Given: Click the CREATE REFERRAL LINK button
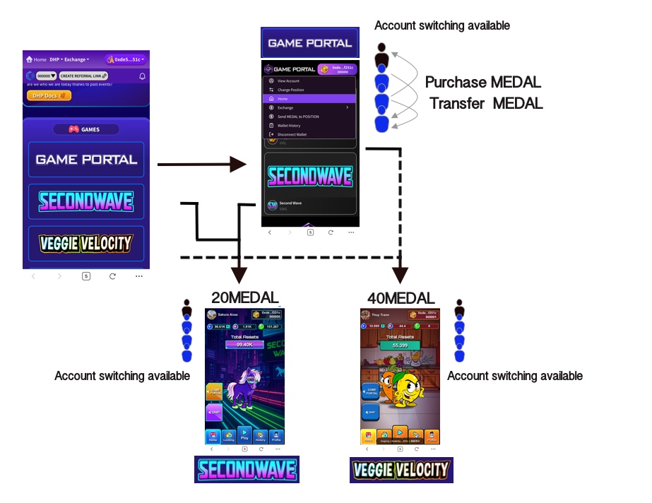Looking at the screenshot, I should click(83, 76).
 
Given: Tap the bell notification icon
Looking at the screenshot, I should click(142, 76).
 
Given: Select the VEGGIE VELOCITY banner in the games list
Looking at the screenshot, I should click(86, 244).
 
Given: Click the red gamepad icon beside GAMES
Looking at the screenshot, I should click(73, 129).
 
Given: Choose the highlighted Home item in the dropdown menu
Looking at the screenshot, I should click(309, 99).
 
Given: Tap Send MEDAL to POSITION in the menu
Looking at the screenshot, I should click(302, 117).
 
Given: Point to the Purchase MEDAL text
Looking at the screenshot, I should click(483, 83).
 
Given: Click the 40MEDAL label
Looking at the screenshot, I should click(401, 298).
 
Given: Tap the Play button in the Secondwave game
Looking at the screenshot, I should click(244, 435).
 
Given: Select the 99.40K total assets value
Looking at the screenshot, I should click(244, 345).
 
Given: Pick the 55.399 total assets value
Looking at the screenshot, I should click(401, 345).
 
